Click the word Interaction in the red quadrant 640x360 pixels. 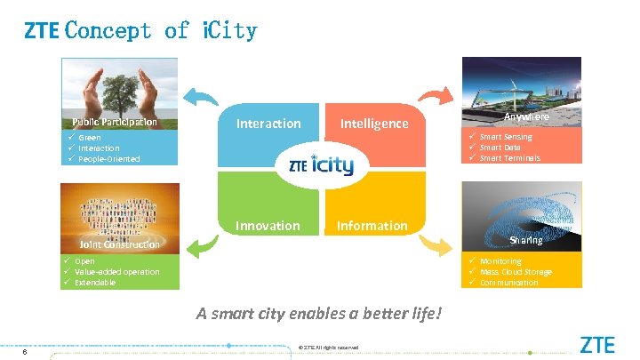pyautogui.click(x=268, y=124)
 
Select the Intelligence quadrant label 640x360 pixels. pyautogui.click(x=374, y=124)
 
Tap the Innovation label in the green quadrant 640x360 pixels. pyautogui.click(x=268, y=226)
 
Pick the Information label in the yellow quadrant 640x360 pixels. pyautogui.click(x=372, y=226)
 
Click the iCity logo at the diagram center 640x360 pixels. pyautogui.click(x=322, y=166)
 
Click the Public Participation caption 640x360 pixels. pyautogui.click(x=115, y=122)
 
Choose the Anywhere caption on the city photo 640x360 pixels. pyautogui.click(x=526, y=117)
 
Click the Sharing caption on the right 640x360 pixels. pyautogui.click(x=525, y=240)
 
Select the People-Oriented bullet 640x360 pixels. pyautogui.click(x=108, y=159)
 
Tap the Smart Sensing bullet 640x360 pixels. pyautogui.click(x=506, y=137)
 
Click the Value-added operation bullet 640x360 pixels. pyautogui.click(x=116, y=272)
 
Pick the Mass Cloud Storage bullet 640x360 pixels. pyautogui.click(x=516, y=272)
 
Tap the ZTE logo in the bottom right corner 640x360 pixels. pyautogui.click(x=597, y=344)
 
